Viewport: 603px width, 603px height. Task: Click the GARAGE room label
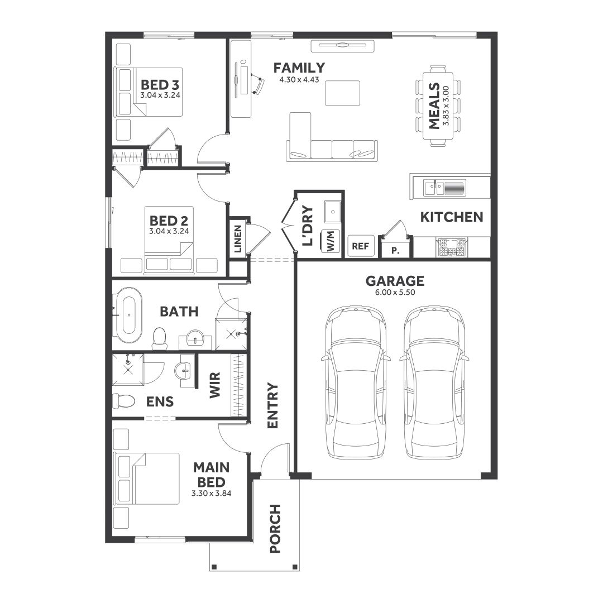pyautogui.click(x=394, y=281)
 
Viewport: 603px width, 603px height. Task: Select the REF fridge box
pyautogui.click(x=361, y=246)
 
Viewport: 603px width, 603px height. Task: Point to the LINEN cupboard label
pyautogui.click(x=238, y=238)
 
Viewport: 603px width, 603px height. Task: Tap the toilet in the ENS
pyautogui.click(x=124, y=401)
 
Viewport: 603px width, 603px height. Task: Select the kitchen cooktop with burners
pyautogui.click(x=451, y=246)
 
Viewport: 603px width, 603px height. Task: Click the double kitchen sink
pyautogui.click(x=444, y=188)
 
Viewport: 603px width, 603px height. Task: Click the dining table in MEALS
pyautogui.click(x=438, y=105)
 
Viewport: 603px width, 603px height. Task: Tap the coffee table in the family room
pyautogui.click(x=343, y=92)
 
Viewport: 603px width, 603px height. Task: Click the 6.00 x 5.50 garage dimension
pyautogui.click(x=394, y=292)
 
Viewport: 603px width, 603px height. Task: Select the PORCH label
pyautogui.click(x=275, y=528)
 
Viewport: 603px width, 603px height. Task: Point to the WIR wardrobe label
pyautogui.click(x=216, y=385)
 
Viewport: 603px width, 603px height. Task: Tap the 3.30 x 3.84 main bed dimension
pyautogui.click(x=211, y=493)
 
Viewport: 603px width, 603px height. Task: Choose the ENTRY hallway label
pyautogui.click(x=272, y=405)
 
